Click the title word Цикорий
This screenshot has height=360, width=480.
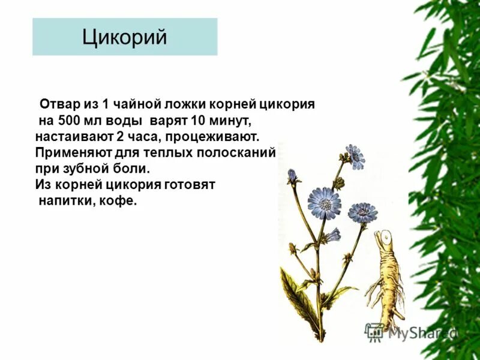pos(124,37)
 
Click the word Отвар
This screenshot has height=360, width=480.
pos(58,104)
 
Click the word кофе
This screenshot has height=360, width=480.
pos(123,200)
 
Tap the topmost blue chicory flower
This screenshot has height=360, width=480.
pos(355,156)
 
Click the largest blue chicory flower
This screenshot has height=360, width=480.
pos(323,202)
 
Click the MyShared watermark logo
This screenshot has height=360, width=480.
pos(412,332)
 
